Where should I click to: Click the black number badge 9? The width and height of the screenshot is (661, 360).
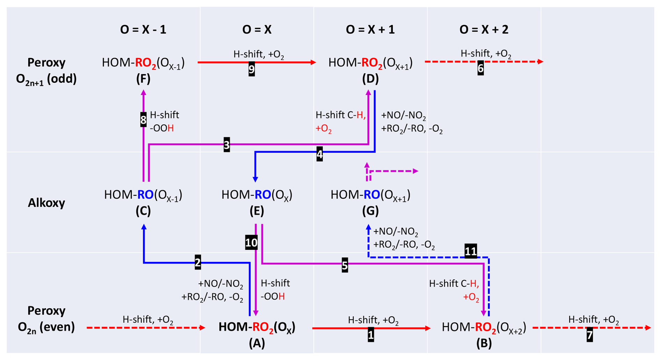coord(252,69)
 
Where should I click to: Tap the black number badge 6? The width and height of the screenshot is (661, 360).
coord(480,69)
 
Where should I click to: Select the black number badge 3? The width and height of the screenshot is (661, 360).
coord(227,145)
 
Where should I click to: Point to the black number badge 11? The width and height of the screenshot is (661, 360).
coord(471,251)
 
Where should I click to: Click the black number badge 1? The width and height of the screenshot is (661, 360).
coord(371,335)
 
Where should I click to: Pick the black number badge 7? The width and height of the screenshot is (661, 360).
coord(590,336)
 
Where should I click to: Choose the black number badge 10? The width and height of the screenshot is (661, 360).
coord(252,243)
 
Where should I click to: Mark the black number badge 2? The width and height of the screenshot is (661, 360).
coord(198,263)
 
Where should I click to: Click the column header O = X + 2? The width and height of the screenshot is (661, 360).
coord(484,30)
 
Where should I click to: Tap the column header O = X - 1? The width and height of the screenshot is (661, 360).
coord(143,30)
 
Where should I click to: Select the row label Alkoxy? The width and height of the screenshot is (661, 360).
coord(46,203)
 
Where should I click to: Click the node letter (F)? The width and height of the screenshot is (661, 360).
coord(143,79)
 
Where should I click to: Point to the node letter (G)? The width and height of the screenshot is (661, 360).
coord(370,211)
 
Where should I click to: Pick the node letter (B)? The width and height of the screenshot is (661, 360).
coord(484,344)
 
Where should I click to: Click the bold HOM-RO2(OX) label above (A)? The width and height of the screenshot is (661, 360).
coord(257,327)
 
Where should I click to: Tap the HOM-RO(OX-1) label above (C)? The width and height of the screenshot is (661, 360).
coord(143,195)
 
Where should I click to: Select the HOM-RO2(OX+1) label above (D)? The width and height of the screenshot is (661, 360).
coord(370,63)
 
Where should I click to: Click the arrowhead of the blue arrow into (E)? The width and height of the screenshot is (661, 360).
coord(255,179)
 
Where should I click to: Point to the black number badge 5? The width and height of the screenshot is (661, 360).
coord(345,265)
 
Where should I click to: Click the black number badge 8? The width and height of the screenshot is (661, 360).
coord(143,120)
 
